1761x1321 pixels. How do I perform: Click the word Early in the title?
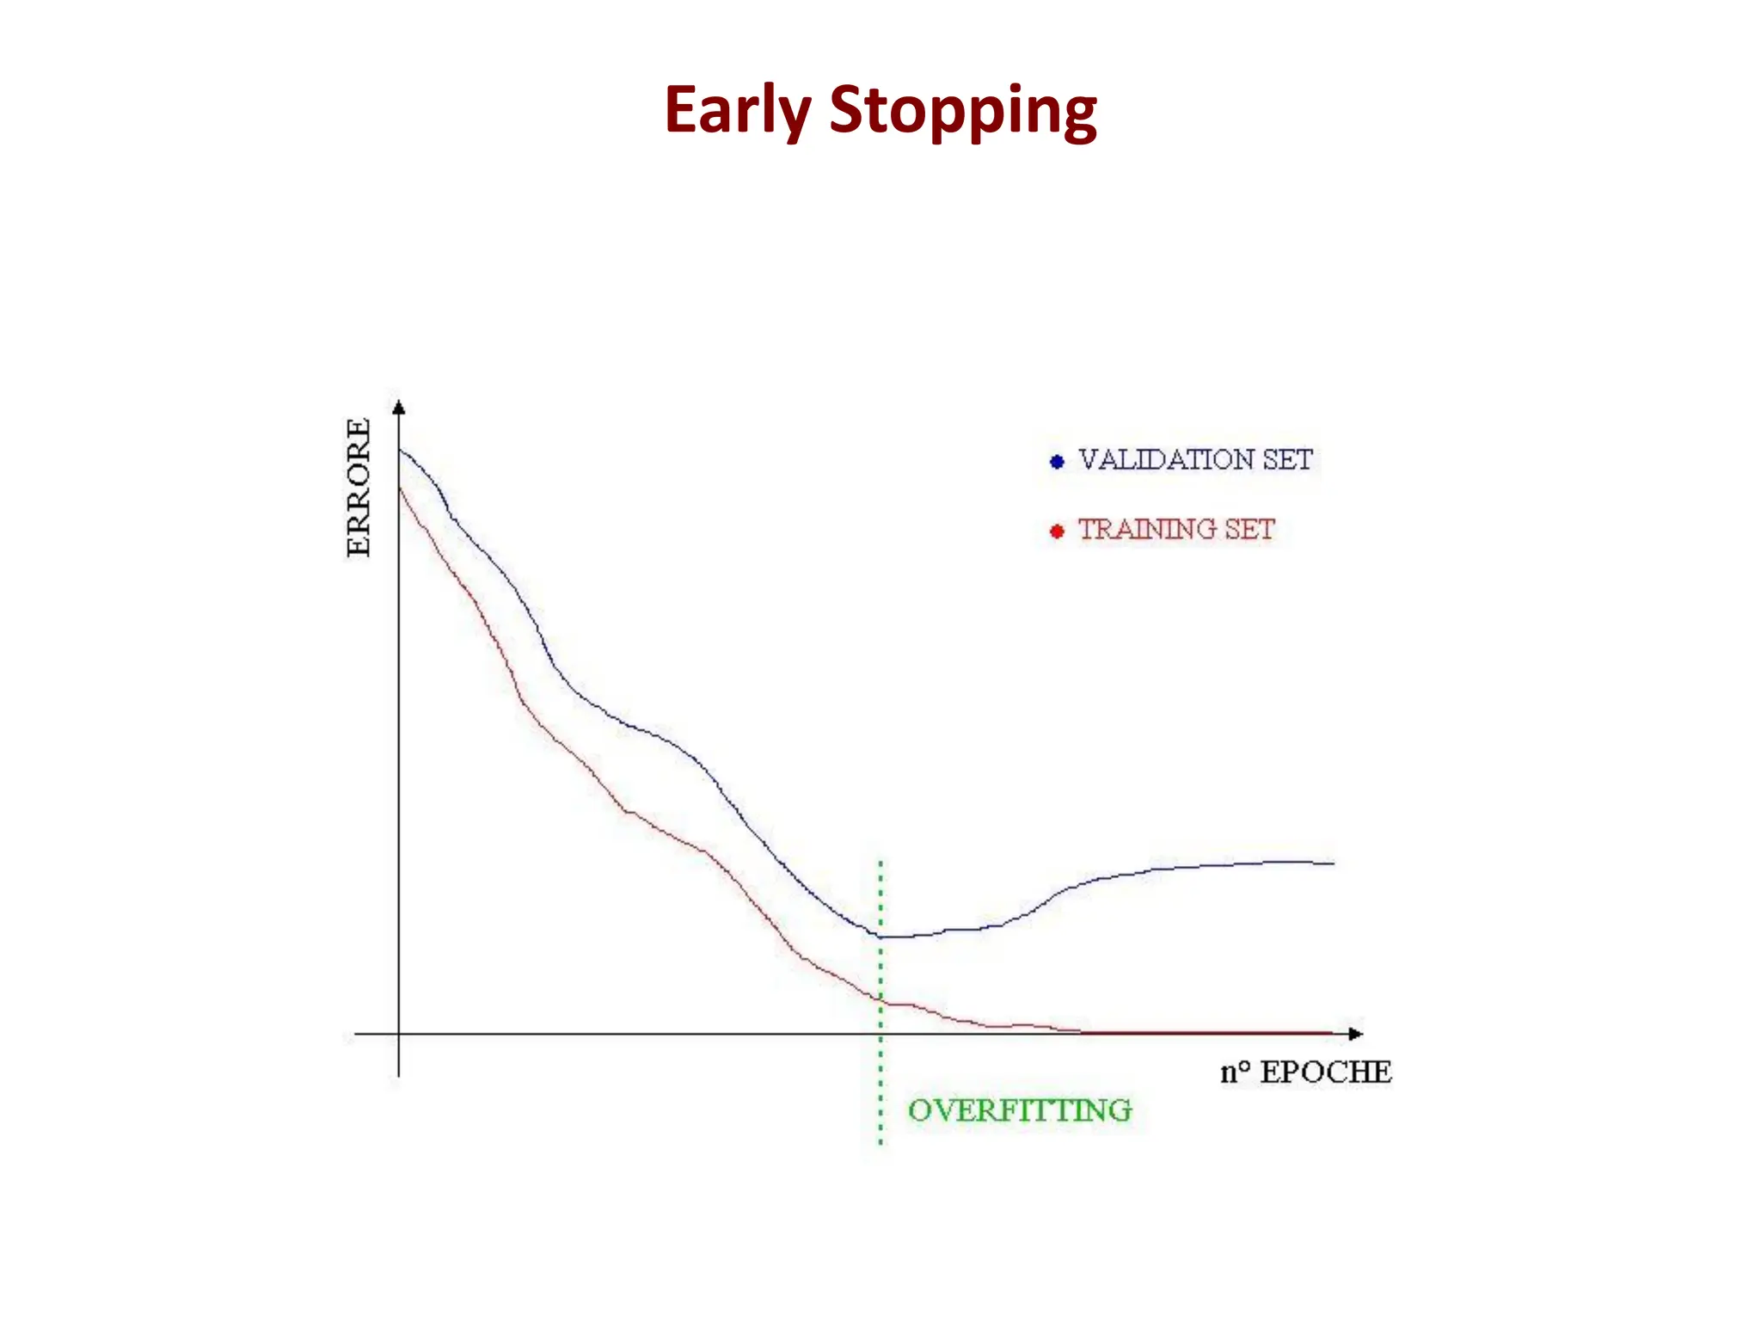point(737,110)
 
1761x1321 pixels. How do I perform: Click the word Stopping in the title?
point(962,112)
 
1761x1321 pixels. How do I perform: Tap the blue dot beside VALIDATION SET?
point(1057,462)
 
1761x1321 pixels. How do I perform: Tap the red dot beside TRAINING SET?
point(1057,531)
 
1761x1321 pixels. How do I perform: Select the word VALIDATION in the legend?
point(1166,460)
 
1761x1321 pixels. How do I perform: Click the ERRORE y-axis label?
point(359,488)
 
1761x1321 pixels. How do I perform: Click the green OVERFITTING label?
point(1020,1110)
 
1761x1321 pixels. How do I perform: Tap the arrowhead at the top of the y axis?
point(398,408)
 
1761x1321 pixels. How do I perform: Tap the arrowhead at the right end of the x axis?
point(1355,1034)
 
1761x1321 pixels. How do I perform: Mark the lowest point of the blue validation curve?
point(886,937)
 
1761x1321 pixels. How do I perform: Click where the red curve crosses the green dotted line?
point(880,999)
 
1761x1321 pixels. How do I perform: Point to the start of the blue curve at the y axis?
point(400,450)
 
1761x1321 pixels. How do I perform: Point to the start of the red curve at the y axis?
point(400,488)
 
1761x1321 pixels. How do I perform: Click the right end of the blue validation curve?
point(1333,863)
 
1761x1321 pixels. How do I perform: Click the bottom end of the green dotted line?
point(880,1143)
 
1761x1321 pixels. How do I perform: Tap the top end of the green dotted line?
point(880,862)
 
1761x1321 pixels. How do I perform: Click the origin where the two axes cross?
point(398,1034)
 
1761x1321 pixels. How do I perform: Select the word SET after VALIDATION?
point(1287,460)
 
